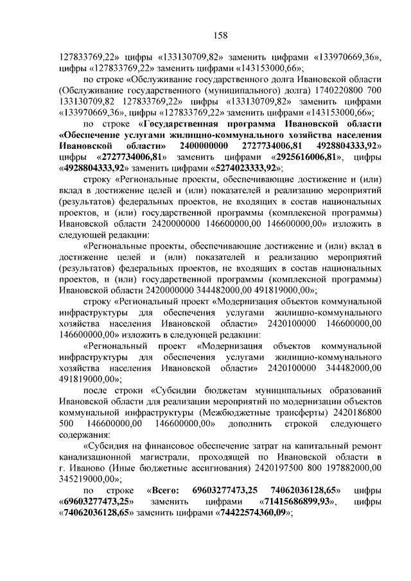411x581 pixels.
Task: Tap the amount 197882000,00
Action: (x=342, y=467)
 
